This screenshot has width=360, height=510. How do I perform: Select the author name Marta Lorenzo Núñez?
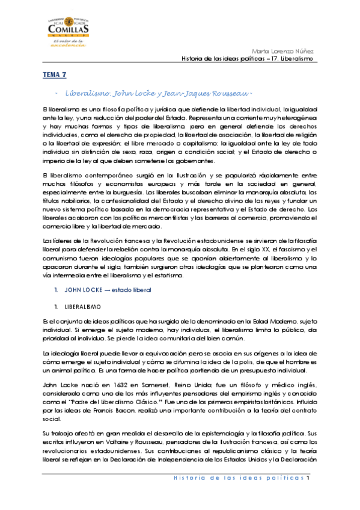pyautogui.click(x=288, y=51)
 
